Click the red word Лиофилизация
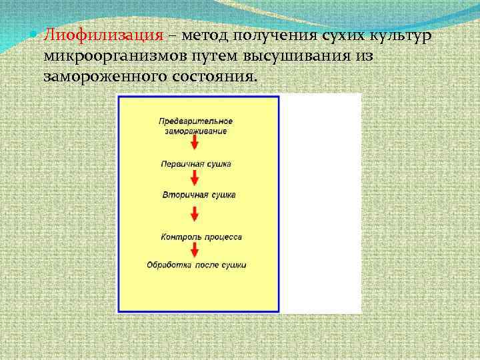coord(103,35)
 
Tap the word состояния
coord(212,76)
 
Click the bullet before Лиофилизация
coord(35,34)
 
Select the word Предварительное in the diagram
coord(195,121)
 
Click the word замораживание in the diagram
coord(195,131)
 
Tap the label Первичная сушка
coord(195,163)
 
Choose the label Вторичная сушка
coord(199,195)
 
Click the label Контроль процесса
coord(201,237)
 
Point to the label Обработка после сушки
coord(196,265)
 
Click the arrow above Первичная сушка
coord(194,143)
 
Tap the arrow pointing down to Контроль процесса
coord(194,214)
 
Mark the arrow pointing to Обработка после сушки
coord(194,250)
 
